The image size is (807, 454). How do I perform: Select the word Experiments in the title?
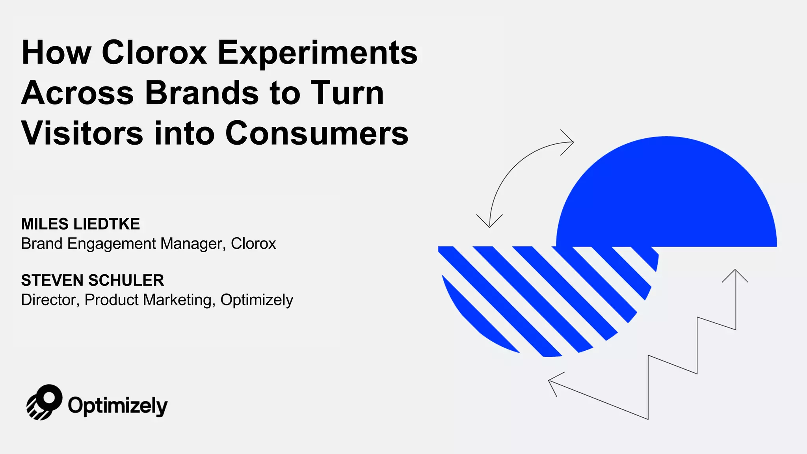(317, 53)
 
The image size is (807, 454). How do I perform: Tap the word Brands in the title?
(201, 93)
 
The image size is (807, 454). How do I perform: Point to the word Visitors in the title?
(82, 133)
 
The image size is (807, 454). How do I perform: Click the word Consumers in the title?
(317, 133)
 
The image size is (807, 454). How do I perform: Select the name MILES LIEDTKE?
(80, 224)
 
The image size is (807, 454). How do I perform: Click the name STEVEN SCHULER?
(93, 280)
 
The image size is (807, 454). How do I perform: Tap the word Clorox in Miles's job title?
(253, 244)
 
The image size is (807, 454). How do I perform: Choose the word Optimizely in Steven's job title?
(257, 300)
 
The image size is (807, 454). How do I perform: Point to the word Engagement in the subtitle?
(112, 244)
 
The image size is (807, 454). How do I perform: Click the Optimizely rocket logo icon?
(44, 402)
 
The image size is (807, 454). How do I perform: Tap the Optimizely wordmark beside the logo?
(117, 406)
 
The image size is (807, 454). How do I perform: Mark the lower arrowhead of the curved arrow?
(489, 223)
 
